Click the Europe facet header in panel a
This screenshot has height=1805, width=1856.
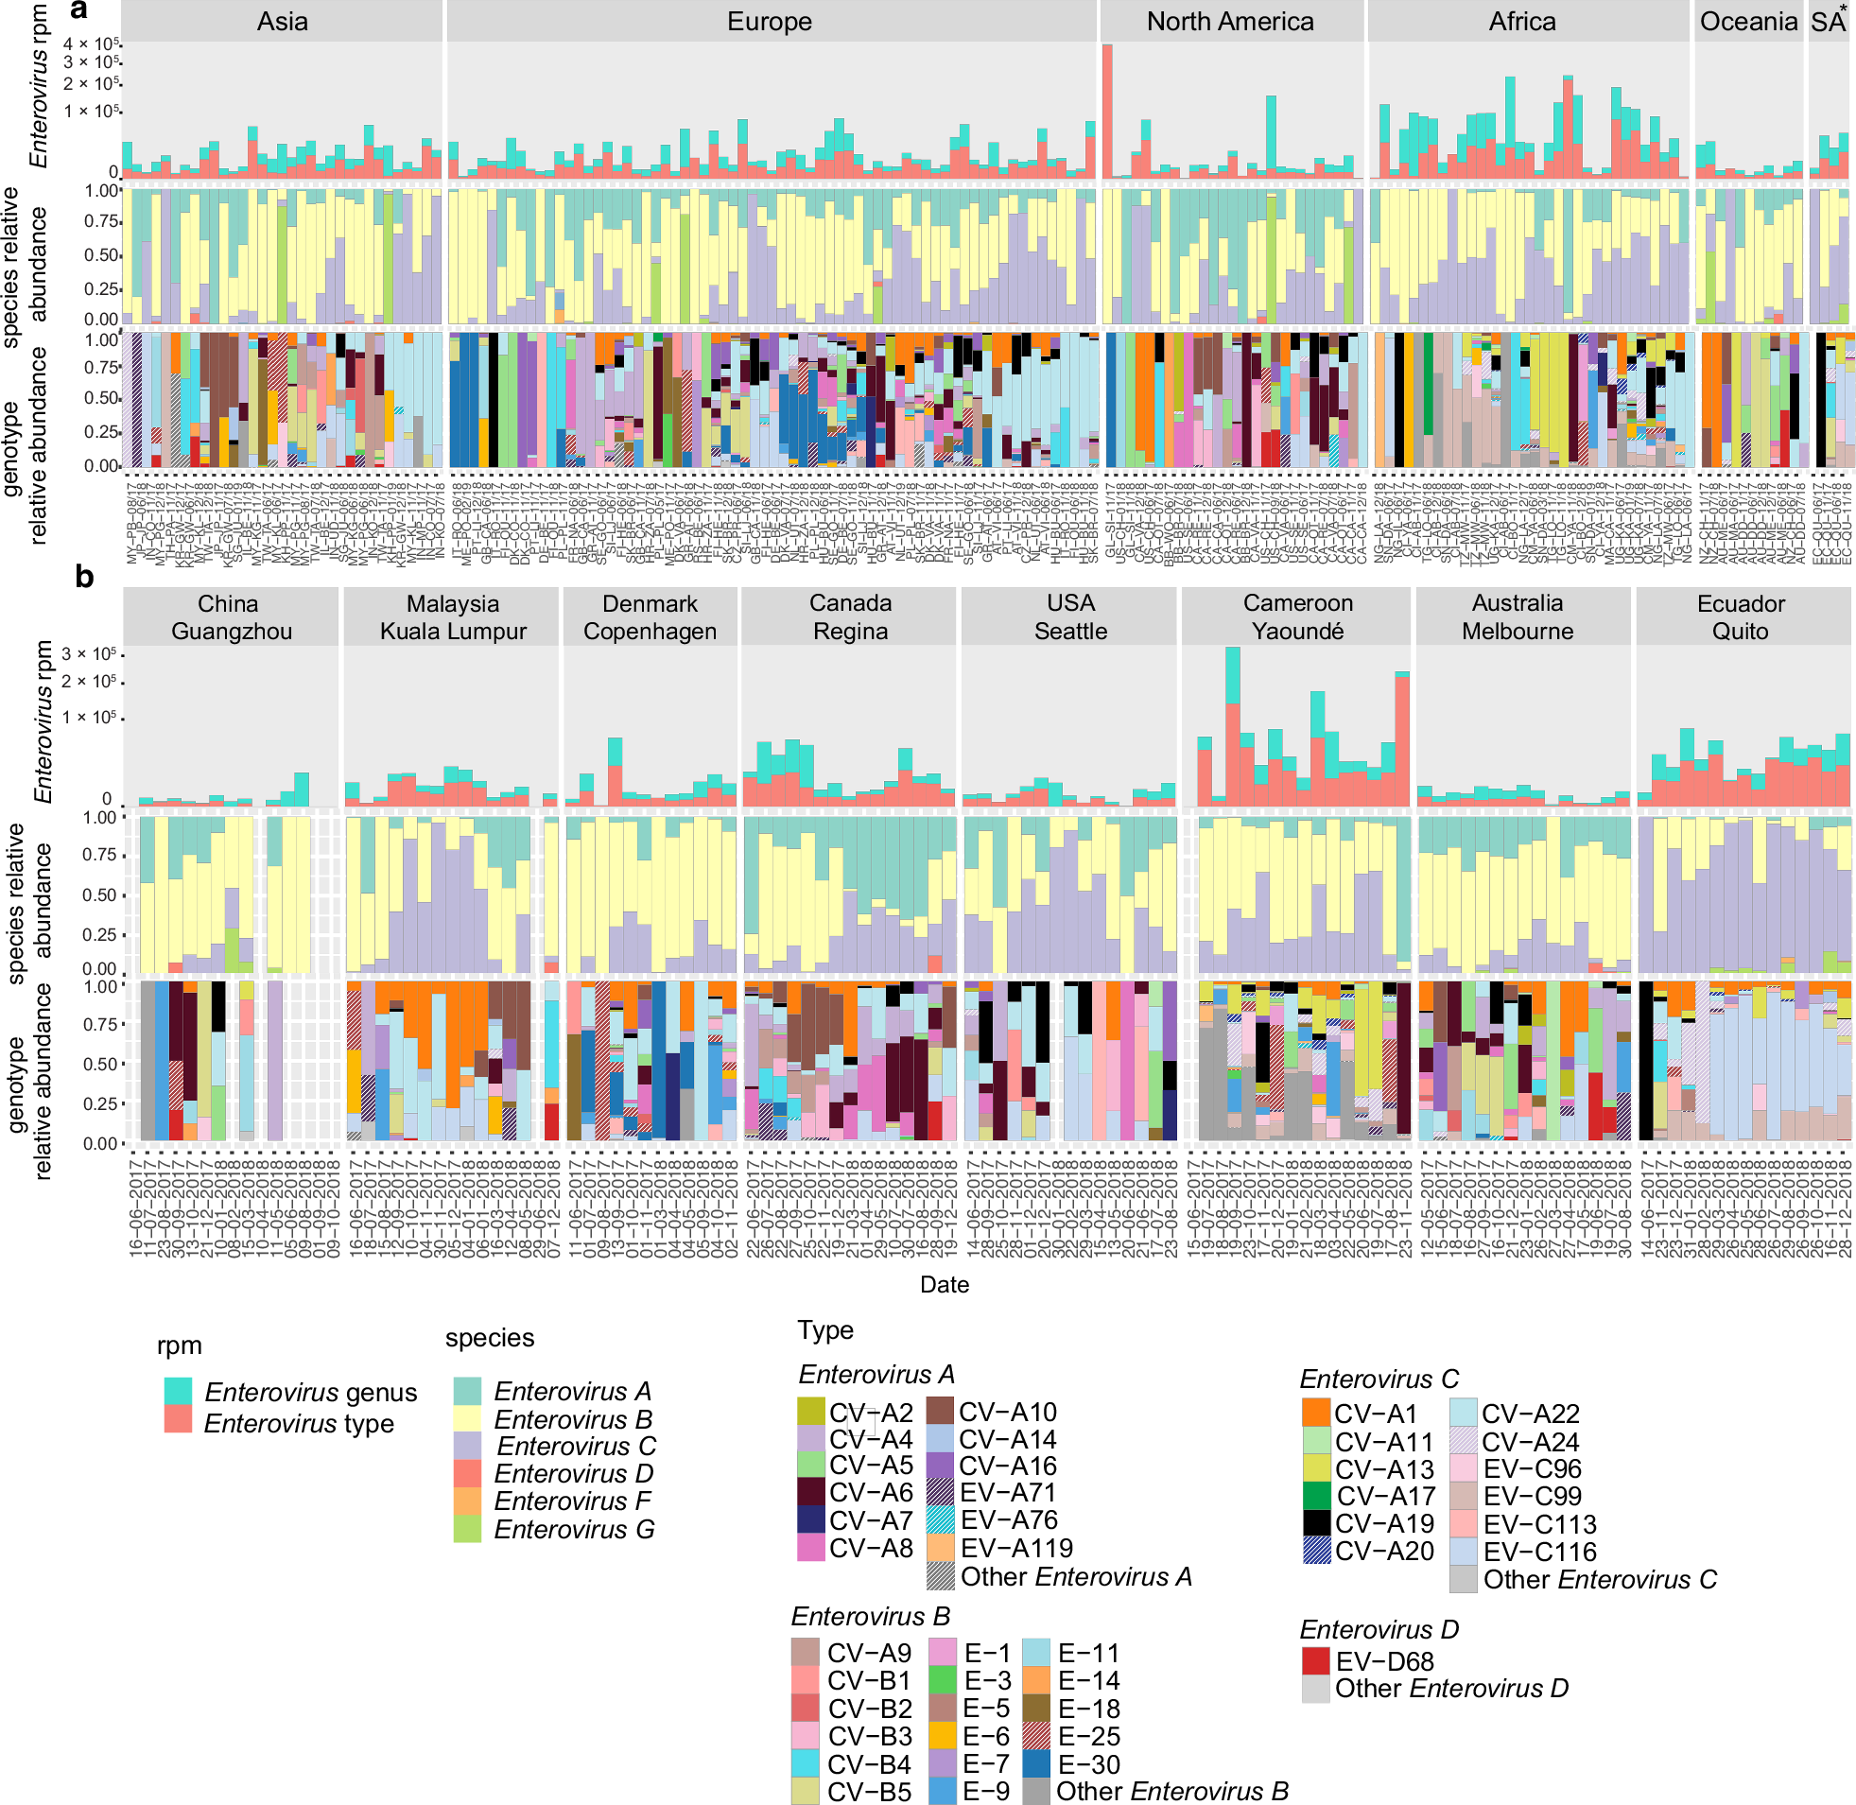click(769, 22)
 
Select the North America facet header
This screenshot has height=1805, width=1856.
click(1229, 22)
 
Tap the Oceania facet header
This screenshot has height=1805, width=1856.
click(1748, 22)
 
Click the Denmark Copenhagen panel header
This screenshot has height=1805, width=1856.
click(650, 616)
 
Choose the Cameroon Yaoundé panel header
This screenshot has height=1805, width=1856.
click(1296, 616)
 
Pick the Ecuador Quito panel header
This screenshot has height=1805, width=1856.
click(1741, 616)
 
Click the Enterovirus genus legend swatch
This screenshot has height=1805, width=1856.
click(178, 1392)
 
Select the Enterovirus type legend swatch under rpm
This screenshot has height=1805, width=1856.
click(178, 1420)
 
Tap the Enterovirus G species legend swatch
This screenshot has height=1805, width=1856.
click(467, 1529)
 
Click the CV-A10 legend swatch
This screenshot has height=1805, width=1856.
click(940, 1412)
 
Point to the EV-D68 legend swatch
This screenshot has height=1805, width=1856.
click(1315, 1661)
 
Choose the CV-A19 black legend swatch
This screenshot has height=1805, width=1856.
click(1316, 1523)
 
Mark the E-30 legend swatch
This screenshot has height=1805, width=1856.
click(1037, 1764)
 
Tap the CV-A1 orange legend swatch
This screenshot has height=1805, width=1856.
click(1316, 1413)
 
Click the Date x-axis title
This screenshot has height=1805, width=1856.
click(945, 1285)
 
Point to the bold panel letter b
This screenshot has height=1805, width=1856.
click(84, 577)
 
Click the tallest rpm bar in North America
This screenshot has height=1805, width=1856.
click(1107, 110)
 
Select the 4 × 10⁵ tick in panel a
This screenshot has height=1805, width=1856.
click(91, 43)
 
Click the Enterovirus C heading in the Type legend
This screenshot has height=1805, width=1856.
click(1379, 1379)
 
